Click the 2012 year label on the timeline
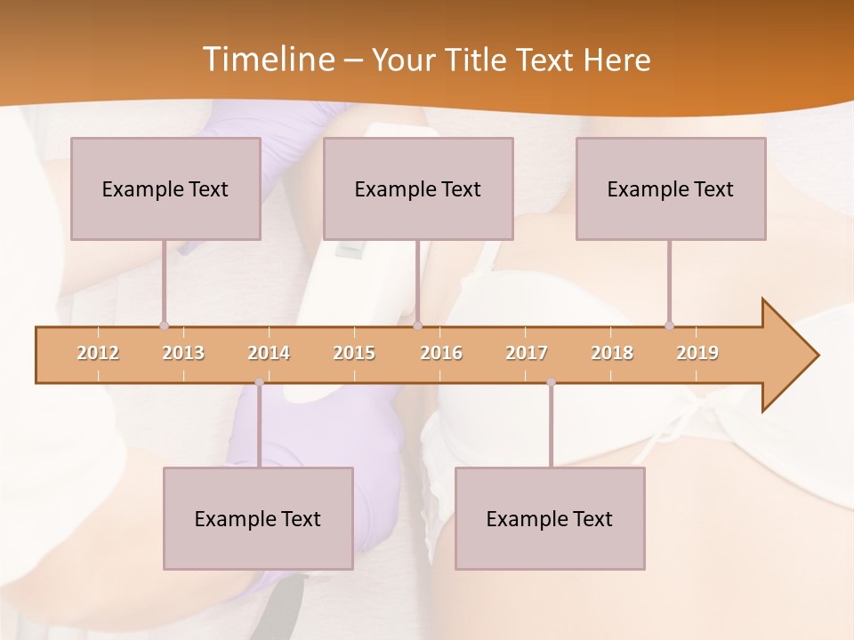click(x=98, y=353)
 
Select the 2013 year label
click(x=183, y=353)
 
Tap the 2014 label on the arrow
click(x=269, y=353)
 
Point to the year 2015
click(x=354, y=353)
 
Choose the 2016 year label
click(x=441, y=353)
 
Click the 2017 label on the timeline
click(x=527, y=353)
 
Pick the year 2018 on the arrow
click(x=612, y=353)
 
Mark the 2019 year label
click(x=697, y=353)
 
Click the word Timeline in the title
click(x=266, y=60)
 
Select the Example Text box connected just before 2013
click(x=165, y=188)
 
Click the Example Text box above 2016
click(x=418, y=188)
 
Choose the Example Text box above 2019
click(x=671, y=188)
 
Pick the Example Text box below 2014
click(x=258, y=518)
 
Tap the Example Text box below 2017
click(x=550, y=518)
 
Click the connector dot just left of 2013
click(x=164, y=325)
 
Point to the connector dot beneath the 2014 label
click(x=259, y=382)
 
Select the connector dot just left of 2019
click(x=669, y=325)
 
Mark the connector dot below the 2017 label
click(x=551, y=382)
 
